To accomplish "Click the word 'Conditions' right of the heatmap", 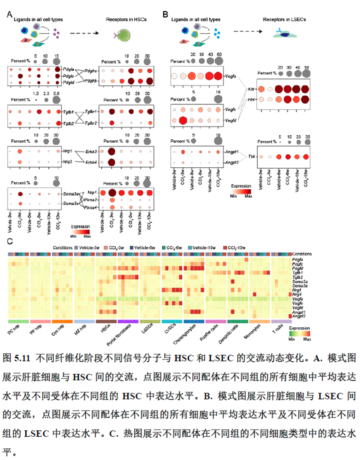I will point(302,254).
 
